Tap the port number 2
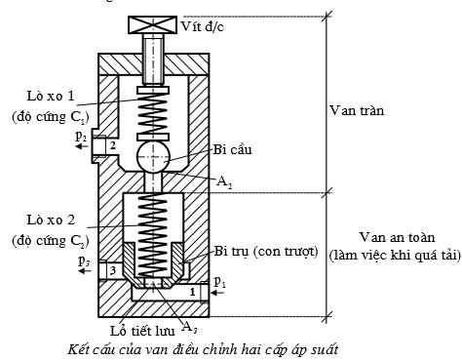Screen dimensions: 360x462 coord(112,145)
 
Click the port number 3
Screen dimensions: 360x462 coord(112,269)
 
